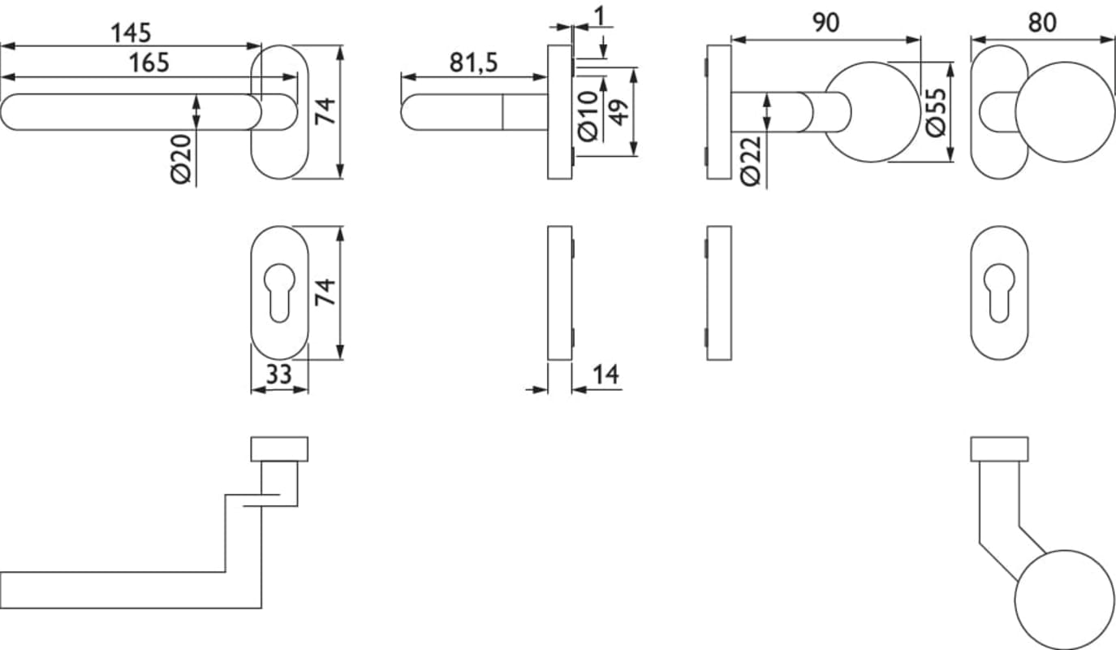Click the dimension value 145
pyautogui.click(x=131, y=32)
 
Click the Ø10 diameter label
pyautogui.click(x=588, y=114)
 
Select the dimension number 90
pyautogui.click(x=825, y=24)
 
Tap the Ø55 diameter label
pyautogui.click(x=937, y=112)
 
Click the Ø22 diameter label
pyautogui.click(x=751, y=161)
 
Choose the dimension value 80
pyautogui.click(x=1043, y=23)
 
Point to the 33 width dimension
pyautogui.click(x=279, y=375)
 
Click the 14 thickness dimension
pyautogui.click(x=605, y=375)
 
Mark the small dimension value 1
pyautogui.click(x=600, y=15)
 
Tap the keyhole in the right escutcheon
pyautogui.click(x=999, y=291)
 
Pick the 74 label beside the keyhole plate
pyautogui.click(x=325, y=292)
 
